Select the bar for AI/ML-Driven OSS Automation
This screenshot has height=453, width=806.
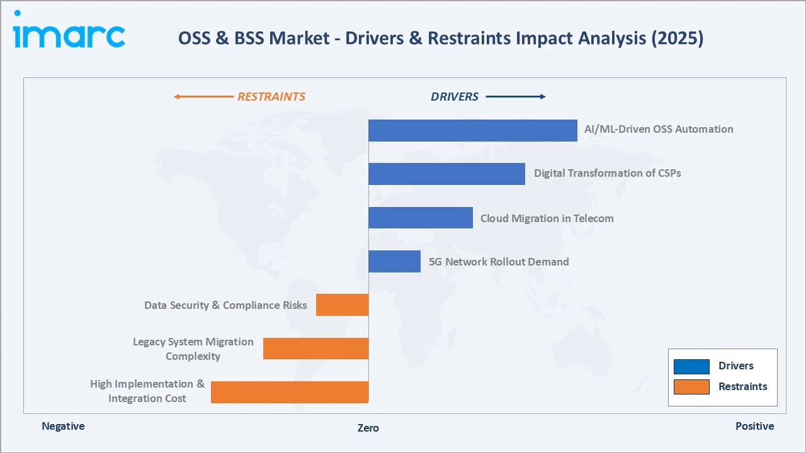tap(472, 130)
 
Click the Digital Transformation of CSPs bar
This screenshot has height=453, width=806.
tap(446, 174)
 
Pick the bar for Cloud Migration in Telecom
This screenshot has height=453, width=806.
tap(420, 218)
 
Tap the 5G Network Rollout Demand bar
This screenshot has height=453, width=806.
tap(394, 261)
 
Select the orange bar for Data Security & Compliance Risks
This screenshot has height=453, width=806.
tap(342, 305)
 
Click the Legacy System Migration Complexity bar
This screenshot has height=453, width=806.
tap(315, 349)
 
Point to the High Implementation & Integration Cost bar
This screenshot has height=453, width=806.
tap(289, 392)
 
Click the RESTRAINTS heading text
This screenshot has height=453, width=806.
tap(271, 97)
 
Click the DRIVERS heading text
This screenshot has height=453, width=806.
tap(455, 97)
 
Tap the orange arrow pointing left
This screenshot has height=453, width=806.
tap(203, 97)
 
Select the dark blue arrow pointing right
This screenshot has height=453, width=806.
tap(516, 97)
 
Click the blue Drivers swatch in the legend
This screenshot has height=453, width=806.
tap(691, 366)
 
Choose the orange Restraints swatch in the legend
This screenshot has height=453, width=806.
tap(691, 387)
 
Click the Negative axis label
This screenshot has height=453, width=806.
tap(63, 426)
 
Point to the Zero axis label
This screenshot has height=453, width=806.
tap(368, 428)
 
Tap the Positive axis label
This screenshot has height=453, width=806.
tap(754, 426)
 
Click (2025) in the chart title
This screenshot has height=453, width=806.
tap(678, 38)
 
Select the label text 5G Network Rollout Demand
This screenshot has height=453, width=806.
tap(499, 262)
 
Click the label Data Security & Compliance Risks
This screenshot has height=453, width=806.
tap(225, 305)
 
